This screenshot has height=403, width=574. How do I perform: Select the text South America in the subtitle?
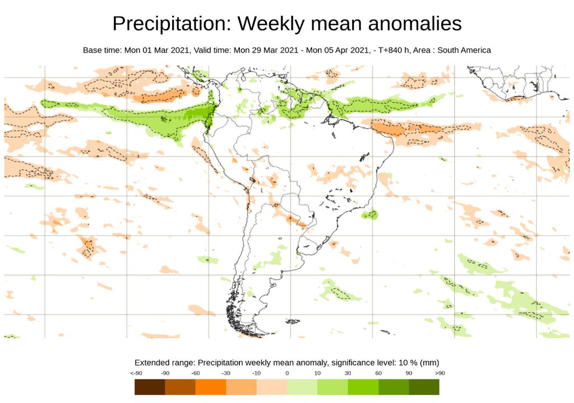pyautogui.click(x=464, y=50)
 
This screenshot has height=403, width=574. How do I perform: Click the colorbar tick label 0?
pyautogui.click(x=286, y=373)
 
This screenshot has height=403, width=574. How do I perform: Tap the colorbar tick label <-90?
pyautogui.click(x=135, y=373)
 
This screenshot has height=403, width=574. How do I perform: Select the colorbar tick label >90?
pyautogui.click(x=439, y=373)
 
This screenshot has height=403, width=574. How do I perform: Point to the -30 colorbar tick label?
pyautogui.click(x=226, y=373)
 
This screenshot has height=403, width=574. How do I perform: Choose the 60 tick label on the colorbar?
pyautogui.click(x=378, y=373)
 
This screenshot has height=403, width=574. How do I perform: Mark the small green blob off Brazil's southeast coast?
pyautogui.click(x=370, y=214)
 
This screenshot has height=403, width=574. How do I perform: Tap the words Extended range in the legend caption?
pyautogui.click(x=165, y=362)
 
